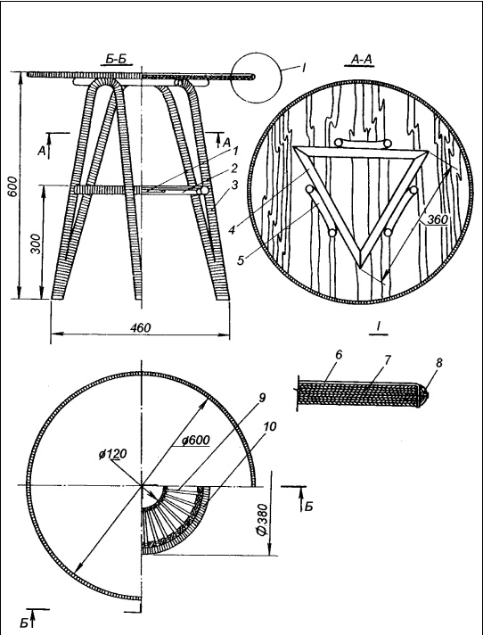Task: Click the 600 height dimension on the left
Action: coord(13,186)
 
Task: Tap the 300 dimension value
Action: coord(37,243)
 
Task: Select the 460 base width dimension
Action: coord(141,327)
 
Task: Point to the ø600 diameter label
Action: coord(196,441)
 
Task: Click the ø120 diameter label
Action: coord(112,454)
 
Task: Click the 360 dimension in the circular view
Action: coord(438,219)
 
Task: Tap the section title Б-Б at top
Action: coord(116,60)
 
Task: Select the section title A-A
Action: coord(362,60)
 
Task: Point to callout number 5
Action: coord(241,260)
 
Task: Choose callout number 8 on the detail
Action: coord(438,362)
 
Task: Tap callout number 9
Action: coord(261,398)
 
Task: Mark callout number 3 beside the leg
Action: coord(234,186)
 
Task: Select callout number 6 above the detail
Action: coord(339,355)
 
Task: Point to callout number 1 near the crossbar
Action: coord(236,152)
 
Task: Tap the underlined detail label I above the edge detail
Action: coord(378,326)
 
